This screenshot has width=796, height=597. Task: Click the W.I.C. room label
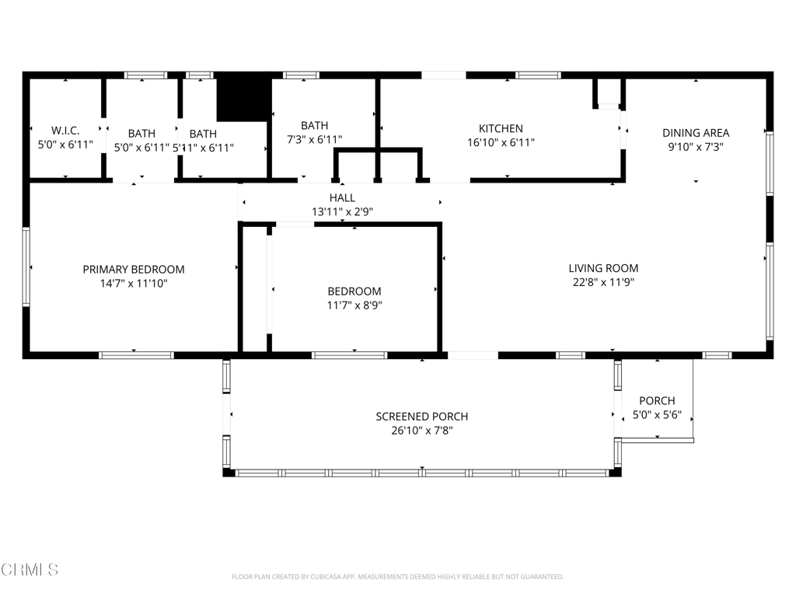(65, 131)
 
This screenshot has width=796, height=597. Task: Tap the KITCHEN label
(501, 128)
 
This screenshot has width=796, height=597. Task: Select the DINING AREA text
(696, 133)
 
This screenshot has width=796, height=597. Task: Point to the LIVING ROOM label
(603, 268)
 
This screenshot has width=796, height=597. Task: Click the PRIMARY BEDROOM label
(134, 269)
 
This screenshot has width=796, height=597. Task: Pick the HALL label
(342, 197)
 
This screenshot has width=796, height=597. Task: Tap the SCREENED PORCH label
(422, 417)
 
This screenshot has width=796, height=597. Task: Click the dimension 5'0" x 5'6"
(657, 415)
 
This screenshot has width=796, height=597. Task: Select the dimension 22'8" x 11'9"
(603, 282)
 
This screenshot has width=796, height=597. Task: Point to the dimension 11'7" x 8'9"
(354, 305)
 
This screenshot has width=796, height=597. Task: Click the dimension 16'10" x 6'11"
(501, 143)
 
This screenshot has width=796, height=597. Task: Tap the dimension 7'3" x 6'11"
(314, 139)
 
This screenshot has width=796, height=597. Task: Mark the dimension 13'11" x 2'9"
(342, 211)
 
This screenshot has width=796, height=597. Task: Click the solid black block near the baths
(243, 100)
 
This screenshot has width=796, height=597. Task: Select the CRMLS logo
(30, 570)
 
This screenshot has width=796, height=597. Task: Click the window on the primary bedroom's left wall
(26, 267)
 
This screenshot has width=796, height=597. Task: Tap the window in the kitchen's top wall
(538, 75)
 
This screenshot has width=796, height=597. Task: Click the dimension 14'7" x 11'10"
(134, 283)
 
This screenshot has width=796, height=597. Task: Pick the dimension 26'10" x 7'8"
(422, 431)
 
